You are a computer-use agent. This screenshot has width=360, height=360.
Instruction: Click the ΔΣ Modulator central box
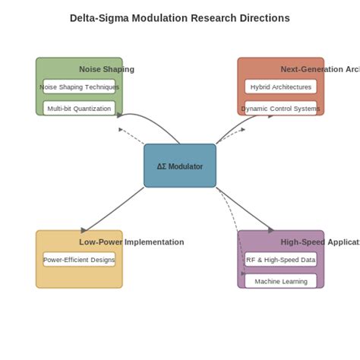coord(179,166)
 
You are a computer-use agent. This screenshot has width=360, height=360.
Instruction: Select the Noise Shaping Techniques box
coord(79,87)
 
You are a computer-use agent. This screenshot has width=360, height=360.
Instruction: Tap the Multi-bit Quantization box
coord(79,108)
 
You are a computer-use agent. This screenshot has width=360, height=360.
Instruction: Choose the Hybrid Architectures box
coord(280,87)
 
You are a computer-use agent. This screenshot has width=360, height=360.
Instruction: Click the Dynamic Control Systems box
coord(280,108)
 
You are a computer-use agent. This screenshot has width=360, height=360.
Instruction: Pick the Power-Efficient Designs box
coord(79,259)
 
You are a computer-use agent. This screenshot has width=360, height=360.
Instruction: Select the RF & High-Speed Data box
coord(280,259)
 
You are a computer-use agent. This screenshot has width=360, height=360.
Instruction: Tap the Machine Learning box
coord(280,280)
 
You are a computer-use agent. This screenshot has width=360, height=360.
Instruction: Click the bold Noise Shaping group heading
coord(106,69)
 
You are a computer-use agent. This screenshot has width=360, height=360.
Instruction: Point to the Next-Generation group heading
coord(319,69)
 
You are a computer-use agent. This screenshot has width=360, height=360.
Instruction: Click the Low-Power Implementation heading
coord(131,242)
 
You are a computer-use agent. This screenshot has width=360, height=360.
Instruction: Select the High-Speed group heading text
coord(319,242)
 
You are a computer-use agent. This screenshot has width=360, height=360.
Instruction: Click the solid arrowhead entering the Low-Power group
coord(84,229)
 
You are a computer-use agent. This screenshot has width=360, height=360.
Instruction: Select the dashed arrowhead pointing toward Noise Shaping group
coord(122,129)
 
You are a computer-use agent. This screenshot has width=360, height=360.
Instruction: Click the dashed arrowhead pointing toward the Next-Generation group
coord(242,129)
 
